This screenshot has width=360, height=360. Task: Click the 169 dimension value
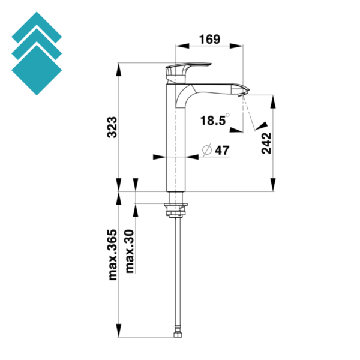coord(210,40)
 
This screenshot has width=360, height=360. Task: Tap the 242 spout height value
coord(266,142)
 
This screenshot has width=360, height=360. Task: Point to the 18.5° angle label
coord(214,121)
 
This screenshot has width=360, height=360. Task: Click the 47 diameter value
coord(221,151)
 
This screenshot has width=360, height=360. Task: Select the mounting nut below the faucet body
coord(176,209)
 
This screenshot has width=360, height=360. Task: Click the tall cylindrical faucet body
coord(174,144)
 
